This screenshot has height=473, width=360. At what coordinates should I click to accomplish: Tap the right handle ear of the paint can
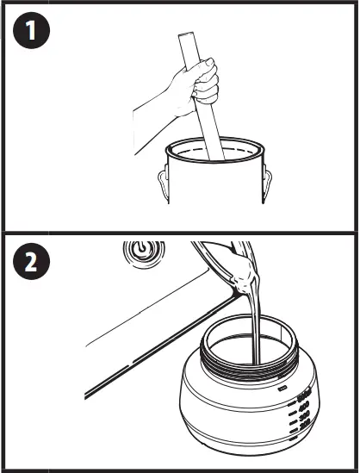click(266, 182)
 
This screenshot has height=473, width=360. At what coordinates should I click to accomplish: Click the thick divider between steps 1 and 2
click(180, 233)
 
